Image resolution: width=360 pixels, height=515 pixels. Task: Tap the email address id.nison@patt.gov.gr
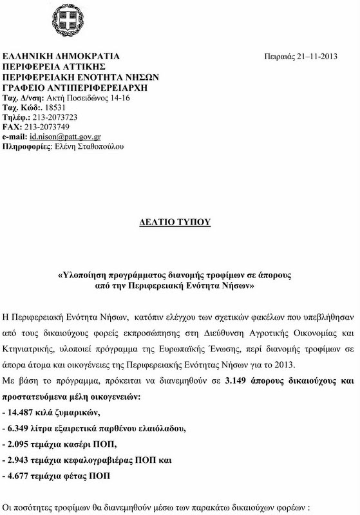(64, 137)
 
